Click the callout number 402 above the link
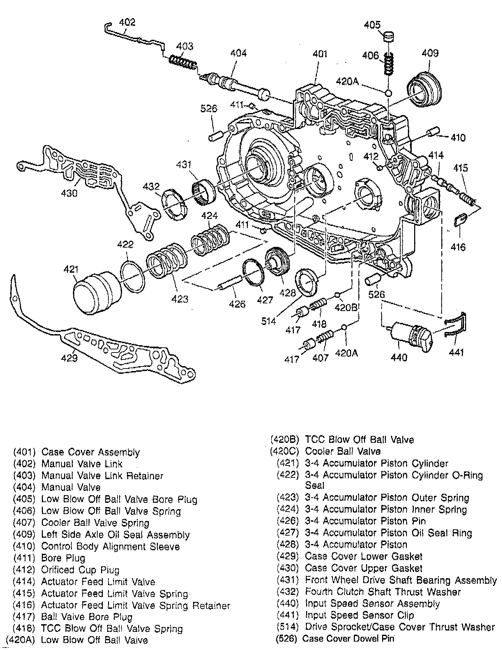pyautogui.click(x=127, y=22)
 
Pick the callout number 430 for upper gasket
pyautogui.click(x=69, y=192)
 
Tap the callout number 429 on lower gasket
pyautogui.click(x=69, y=358)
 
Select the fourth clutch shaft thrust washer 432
pyautogui.click(x=174, y=205)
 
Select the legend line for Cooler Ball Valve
pyautogui.click(x=343, y=452)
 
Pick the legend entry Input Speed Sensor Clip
pyautogui.click(x=359, y=615)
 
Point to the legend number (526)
pyautogui.click(x=287, y=639)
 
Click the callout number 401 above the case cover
pyautogui.click(x=320, y=54)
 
